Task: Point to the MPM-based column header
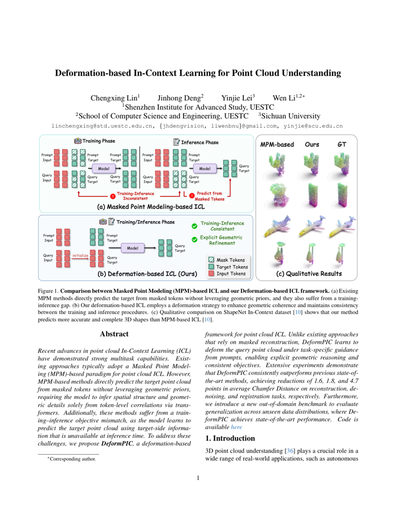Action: click(x=277, y=145)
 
